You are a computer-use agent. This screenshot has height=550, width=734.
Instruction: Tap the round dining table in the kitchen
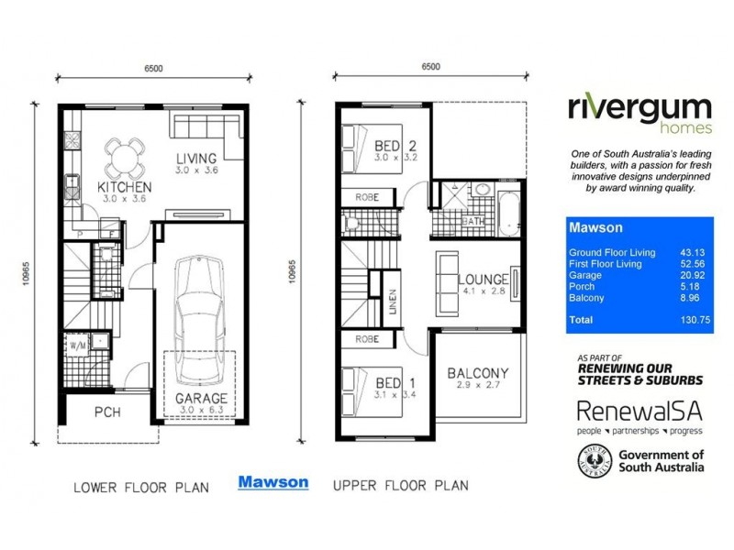coord(125,158)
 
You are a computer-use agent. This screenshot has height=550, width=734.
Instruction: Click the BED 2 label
coord(396,146)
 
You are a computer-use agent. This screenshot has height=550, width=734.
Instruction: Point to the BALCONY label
coord(477,373)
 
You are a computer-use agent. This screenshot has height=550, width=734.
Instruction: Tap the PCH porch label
coord(108,412)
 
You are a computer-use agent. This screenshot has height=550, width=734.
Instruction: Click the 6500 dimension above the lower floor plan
coord(154,67)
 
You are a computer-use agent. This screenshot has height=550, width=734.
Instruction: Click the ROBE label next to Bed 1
coord(367,339)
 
